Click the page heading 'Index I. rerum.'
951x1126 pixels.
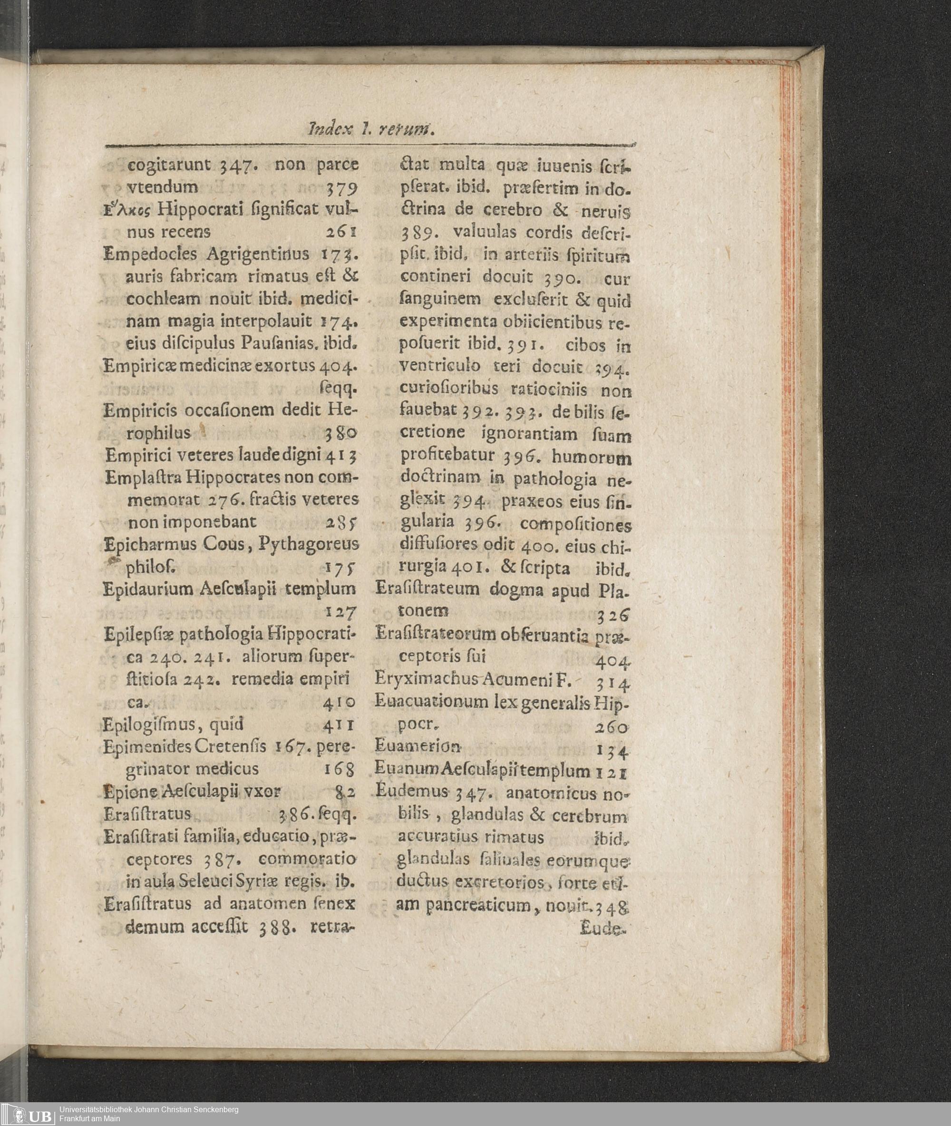click(x=371, y=130)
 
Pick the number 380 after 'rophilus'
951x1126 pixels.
click(x=341, y=433)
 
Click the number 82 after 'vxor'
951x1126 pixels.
click(x=345, y=791)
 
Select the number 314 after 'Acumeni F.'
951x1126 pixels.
click(x=613, y=684)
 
